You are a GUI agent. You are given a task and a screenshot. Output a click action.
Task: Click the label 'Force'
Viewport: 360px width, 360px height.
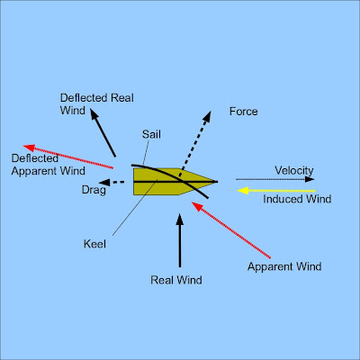244,112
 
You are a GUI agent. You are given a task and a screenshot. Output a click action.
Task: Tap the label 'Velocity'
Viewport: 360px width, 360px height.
293,171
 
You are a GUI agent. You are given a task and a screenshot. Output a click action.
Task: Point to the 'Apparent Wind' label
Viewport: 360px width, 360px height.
284,266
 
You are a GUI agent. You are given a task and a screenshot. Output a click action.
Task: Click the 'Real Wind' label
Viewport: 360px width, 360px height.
176,280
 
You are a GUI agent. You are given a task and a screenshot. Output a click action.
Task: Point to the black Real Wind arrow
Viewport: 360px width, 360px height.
181,243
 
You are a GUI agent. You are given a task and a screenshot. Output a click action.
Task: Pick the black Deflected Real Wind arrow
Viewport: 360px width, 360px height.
104,134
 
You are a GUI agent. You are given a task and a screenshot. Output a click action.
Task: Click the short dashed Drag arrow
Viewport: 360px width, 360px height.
112,182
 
